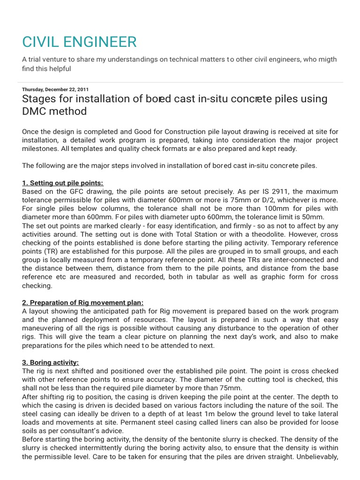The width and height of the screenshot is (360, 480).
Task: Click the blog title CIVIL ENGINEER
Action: [x=79, y=42]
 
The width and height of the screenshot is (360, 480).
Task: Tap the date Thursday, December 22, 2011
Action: [x=55, y=89]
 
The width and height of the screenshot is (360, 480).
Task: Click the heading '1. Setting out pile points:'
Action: [x=62, y=183]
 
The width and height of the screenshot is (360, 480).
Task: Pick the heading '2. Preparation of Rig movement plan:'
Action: [x=82, y=302]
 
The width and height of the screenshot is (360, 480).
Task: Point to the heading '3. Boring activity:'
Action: [x=51, y=362]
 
